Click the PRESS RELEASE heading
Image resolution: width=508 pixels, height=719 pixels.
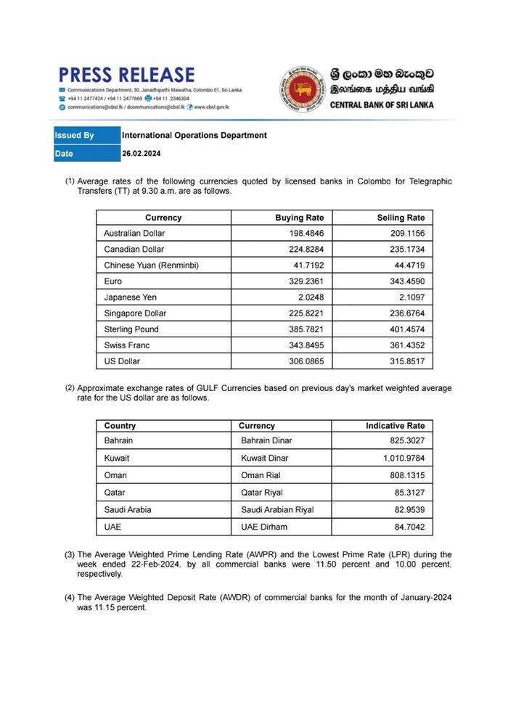pyautogui.click(x=127, y=74)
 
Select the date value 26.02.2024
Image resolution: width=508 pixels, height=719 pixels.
pyautogui.click(x=141, y=154)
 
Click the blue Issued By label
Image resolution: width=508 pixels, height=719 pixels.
pyautogui.click(x=75, y=136)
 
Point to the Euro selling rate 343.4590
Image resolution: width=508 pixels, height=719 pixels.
pyautogui.click(x=406, y=282)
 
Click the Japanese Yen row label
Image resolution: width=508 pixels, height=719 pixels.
pyautogui.click(x=130, y=297)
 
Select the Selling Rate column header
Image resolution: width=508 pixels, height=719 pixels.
pyautogui.click(x=401, y=218)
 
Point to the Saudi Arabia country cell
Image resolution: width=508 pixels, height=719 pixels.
pyautogui.click(x=128, y=509)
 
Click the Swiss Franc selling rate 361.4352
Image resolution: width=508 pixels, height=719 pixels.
pyautogui.click(x=406, y=345)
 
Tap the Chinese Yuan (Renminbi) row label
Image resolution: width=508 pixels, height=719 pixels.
pyautogui.click(x=151, y=266)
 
